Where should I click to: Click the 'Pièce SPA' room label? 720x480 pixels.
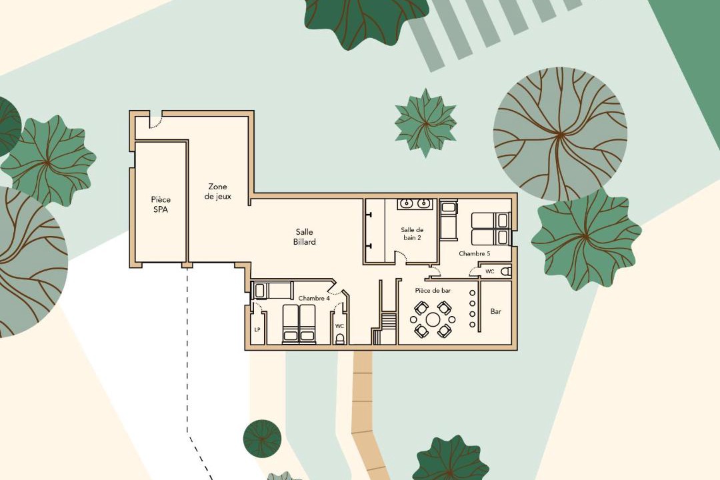click(x=161, y=205)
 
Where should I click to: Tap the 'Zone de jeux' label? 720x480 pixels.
click(x=217, y=191)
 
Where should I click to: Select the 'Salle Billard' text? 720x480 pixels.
click(x=305, y=237)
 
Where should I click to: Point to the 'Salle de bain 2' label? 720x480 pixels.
click(x=412, y=234)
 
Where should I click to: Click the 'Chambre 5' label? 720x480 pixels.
click(x=475, y=253)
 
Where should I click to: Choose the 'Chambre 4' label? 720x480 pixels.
click(x=314, y=299)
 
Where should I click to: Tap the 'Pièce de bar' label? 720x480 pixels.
click(x=433, y=291)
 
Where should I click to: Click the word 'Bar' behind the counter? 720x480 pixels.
click(x=496, y=311)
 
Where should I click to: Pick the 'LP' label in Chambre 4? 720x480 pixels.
click(x=257, y=330)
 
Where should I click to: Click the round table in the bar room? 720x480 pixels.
click(x=433, y=319)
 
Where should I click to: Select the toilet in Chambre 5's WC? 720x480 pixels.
click(x=505, y=271)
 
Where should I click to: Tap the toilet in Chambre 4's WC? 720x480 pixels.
click(x=340, y=339)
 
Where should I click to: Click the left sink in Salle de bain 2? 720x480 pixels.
click(x=407, y=203)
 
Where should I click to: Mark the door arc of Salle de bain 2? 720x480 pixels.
click(x=402, y=256)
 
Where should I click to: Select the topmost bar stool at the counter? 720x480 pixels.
click(x=472, y=293)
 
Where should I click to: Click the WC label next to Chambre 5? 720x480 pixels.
click(x=490, y=271)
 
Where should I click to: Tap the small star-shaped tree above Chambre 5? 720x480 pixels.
click(x=425, y=123)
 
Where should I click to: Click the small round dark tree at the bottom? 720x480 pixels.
click(x=262, y=438)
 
